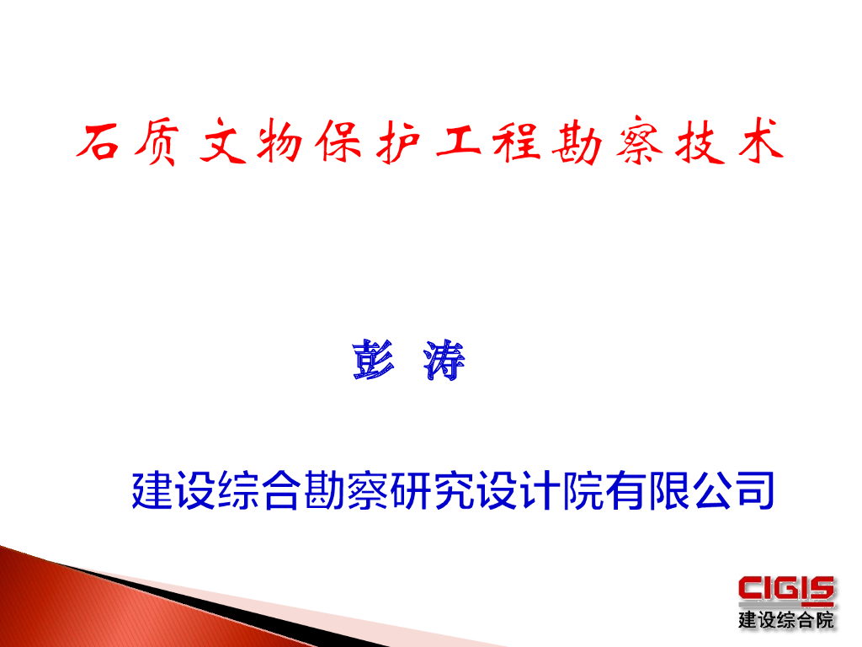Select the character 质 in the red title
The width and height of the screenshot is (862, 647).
[155, 144]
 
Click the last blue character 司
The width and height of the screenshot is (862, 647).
[754, 490]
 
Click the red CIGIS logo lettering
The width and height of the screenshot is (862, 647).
[786, 591]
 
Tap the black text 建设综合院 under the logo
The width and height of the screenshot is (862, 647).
[786, 621]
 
